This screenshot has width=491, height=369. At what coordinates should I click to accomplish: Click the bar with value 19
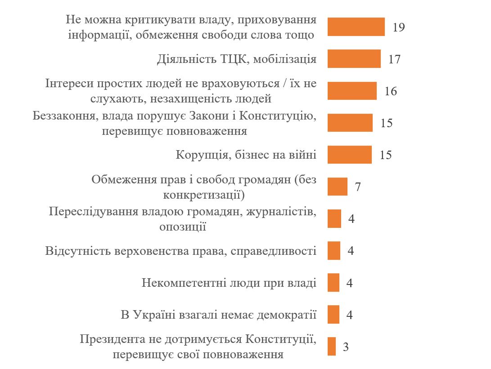tap(356, 27)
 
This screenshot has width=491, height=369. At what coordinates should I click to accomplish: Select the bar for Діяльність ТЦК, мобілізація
tap(354, 59)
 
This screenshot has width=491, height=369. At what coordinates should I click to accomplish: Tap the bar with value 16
tap(352, 91)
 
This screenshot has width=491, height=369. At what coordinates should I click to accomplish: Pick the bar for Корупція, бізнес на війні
tap(350, 155)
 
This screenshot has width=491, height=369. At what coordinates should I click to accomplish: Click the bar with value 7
tap(338, 187)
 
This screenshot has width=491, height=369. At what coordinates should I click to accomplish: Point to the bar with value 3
tap(332, 347)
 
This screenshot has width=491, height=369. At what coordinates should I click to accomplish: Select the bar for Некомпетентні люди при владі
tap(333, 283)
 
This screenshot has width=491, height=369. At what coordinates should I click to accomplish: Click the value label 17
tap(394, 59)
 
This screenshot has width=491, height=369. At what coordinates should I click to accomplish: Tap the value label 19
tap(399, 27)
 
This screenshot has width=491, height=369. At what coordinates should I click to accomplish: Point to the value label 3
tap(346, 347)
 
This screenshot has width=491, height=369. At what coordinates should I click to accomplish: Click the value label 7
tap(358, 187)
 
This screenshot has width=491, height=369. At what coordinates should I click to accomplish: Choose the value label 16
tap(391, 91)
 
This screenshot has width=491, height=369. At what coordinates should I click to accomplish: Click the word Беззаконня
tap(65, 116)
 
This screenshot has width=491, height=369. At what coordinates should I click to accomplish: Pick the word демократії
tap(286, 315)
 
